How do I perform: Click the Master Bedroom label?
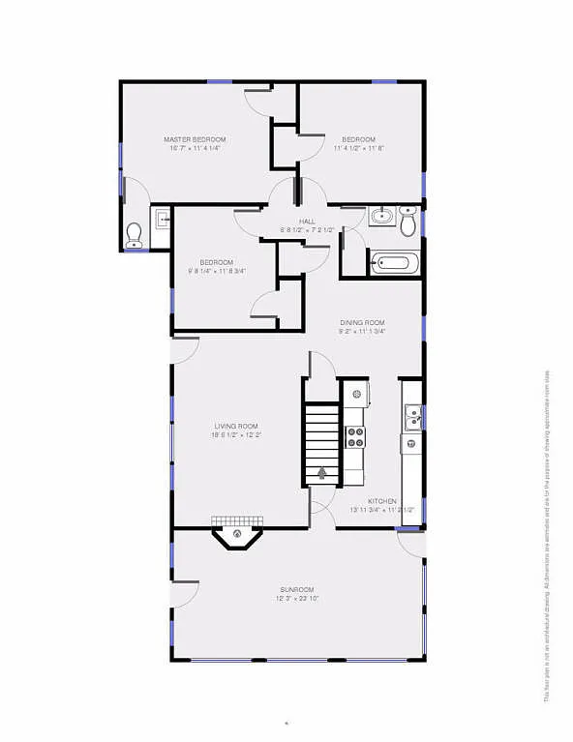[x=196, y=140]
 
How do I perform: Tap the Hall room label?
[x=307, y=222]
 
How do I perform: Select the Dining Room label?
[x=362, y=322]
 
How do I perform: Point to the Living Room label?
[x=236, y=426]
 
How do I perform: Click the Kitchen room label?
[x=381, y=500]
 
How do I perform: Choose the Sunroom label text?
[x=297, y=589]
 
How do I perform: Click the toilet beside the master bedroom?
[x=135, y=232]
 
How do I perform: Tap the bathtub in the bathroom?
[x=394, y=262]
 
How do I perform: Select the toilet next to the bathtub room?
[x=408, y=223]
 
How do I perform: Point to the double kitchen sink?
[x=412, y=418]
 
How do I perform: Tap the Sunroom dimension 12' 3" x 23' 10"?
[x=297, y=599]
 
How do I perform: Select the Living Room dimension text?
[x=236, y=435]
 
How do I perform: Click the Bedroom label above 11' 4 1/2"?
[x=359, y=139]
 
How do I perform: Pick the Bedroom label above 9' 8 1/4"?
[x=217, y=262]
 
